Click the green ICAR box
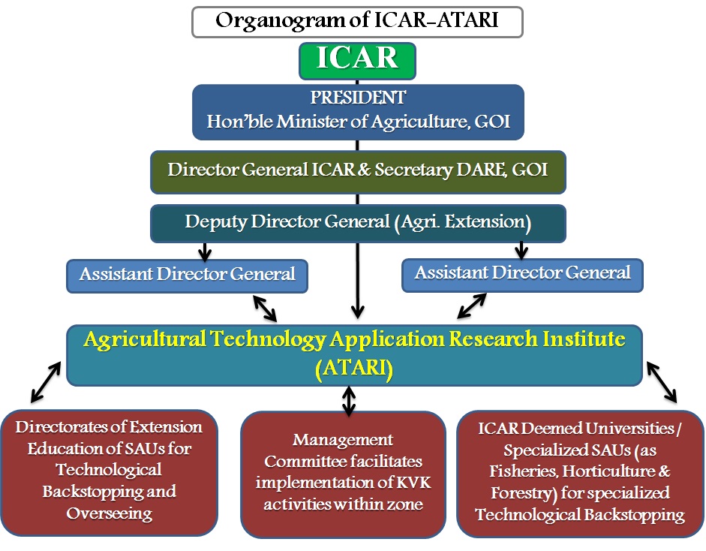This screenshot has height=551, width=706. click(x=357, y=61)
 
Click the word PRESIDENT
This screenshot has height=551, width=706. click(x=358, y=98)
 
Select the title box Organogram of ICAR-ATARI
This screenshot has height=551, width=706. click(x=357, y=22)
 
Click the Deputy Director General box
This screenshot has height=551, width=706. click(x=358, y=224)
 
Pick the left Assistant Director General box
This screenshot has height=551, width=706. click(x=187, y=275)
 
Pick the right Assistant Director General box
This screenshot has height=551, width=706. click(x=522, y=275)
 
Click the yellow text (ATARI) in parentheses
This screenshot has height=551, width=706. click(x=354, y=369)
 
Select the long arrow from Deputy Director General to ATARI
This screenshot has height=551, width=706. click(x=358, y=280)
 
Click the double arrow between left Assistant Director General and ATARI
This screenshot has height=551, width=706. click(x=265, y=309)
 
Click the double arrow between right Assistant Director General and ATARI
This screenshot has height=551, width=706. click(x=471, y=306)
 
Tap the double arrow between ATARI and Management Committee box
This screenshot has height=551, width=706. click(x=348, y=401)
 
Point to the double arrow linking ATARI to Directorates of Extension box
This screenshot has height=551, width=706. click(x=46, y=382)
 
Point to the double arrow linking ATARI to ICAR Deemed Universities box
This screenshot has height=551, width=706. click(x=662, y=382)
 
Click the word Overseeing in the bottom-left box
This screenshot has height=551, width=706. click(x=110, y=513)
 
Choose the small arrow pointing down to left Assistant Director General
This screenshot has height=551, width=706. click(x=205, y=251)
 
